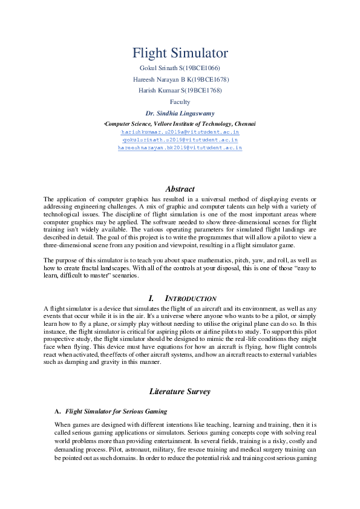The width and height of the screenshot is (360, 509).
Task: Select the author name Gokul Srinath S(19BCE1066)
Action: pos(180,68)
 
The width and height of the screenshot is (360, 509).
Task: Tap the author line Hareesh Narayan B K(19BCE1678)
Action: pos(180,79)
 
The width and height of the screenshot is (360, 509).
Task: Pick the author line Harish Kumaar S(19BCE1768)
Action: pos(180,90)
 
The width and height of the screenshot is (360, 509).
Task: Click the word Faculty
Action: pos(180,102)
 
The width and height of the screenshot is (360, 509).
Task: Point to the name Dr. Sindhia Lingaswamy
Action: pos(180,114)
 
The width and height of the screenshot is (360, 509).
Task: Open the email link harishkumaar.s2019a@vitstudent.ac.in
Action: pos(180,131)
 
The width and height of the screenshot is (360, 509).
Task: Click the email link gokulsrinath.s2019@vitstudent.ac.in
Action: pos(180,139)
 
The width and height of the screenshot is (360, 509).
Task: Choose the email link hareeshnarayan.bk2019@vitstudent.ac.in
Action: pos(180,147)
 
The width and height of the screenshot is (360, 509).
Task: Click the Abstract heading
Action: pos(180,189)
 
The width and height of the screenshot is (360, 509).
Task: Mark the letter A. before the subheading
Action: pos(57,411)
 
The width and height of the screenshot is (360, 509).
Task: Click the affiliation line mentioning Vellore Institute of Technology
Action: pos(180,123)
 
